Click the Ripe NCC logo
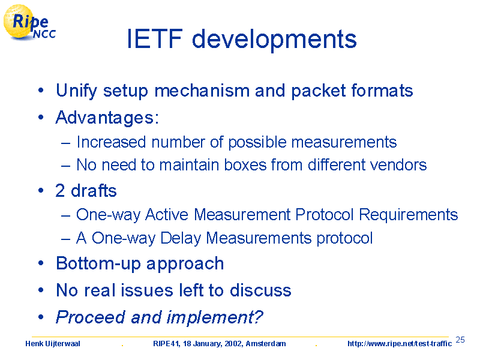pyautogui.click(x=29, y=23)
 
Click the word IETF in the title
pyautogui.click(x=155, y=39)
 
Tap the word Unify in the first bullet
pyautogui.click(x=76, y=91)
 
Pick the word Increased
pyautogui.click(x=111, y=142)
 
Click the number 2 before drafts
pyautogui.click(x=60, y=190)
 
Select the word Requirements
pyautogui.click(x=409, y=215)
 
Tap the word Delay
pyautogui.click(x=181, y=238)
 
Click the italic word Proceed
pyautogui.click(x=91, y=317)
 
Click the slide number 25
pyautogui.click(x=460, y=340)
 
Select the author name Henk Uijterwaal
pyautogui.click(x=53, y=344)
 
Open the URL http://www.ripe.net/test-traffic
pyautogui.click(x=400, y=344)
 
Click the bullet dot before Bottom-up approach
pyautogui.click(x=41, y=263)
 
